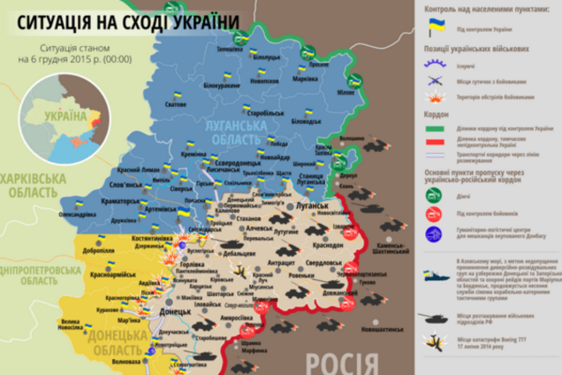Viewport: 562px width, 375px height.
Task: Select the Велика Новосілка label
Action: coord(70,324)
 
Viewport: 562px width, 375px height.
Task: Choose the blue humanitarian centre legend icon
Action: coord(434,233)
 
